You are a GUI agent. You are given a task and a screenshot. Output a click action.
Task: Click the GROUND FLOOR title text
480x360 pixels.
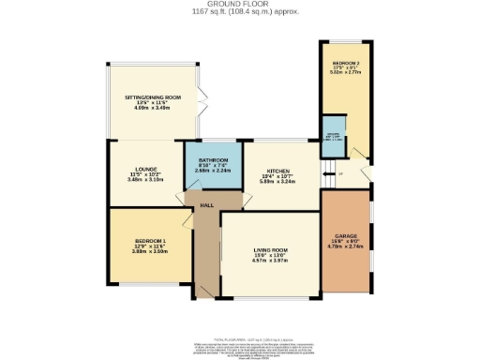pyautogui.click(x=239, y=5)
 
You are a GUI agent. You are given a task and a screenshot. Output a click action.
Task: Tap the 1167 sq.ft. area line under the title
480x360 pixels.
pyautogui.click(x=239, y=12)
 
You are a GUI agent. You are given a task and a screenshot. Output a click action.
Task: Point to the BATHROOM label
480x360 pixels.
pyautogui.click(x=214, y=160)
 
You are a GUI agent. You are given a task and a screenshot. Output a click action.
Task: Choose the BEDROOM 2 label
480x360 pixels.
pyautogui.click(x=345, y=63)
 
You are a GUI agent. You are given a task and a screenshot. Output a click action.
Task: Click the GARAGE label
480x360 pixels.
pyautogui.click(x=346, y=236)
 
